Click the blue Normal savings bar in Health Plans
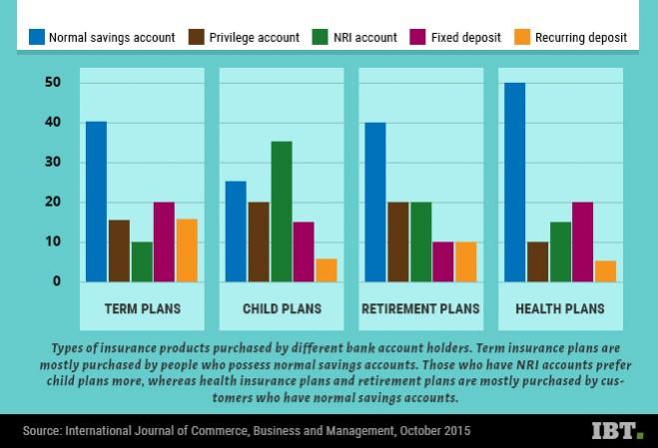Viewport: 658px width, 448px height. click(515, 182)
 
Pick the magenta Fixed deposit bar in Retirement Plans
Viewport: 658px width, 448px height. click(443, 261)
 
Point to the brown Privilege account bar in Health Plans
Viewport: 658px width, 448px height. click(537, 261)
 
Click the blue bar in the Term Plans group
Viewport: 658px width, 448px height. click(96, 202)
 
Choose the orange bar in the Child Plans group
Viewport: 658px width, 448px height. click(326, 270)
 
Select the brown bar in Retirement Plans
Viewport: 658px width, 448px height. click(397, 241)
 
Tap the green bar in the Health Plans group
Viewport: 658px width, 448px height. click(560, 251)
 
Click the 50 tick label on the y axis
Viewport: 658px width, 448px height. click(53, 82)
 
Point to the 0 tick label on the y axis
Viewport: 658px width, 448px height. click(57, 281)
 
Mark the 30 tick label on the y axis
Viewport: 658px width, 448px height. click(53, 162)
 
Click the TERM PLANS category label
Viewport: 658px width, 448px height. click(143, 308)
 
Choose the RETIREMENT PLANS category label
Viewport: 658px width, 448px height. click(420, 308)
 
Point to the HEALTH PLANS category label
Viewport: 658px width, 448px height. click(560, 308)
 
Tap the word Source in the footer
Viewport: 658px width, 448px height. click(41, 431)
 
